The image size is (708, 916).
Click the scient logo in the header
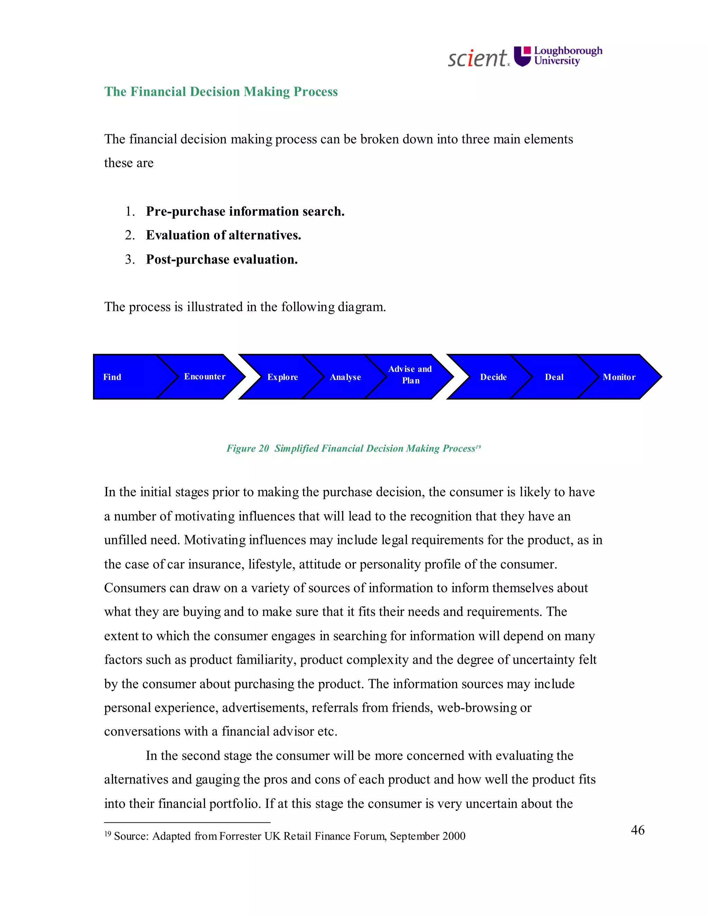click(x=478, y=58)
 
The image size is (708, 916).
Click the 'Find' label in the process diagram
click(x=112, y=377)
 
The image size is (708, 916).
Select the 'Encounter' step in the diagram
click(x=205, y=377)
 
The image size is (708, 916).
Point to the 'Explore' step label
click(x=283, y=377)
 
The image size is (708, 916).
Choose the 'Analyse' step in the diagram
click(x=345, y=377)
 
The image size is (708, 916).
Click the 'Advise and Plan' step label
click(x=410, y=375)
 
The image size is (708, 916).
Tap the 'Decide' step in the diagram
click(x=493, y=377)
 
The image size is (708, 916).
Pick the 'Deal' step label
click(x=554, y=377)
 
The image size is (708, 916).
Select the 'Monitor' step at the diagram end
click(x=619, y=377)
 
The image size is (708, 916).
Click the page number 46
click(x=637, y=830)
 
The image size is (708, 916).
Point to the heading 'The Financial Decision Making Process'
click(x=221, y=92)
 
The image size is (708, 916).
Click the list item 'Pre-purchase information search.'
click(x=245, y=212)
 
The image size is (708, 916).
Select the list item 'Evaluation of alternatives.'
click(x=223, y=235)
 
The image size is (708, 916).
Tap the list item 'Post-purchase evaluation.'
click(x=222, y=260)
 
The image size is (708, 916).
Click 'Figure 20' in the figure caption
click(x=248, y=448)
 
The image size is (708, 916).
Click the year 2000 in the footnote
click(x=454, y=836)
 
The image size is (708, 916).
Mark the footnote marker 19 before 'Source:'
click(x=108, y=834)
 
